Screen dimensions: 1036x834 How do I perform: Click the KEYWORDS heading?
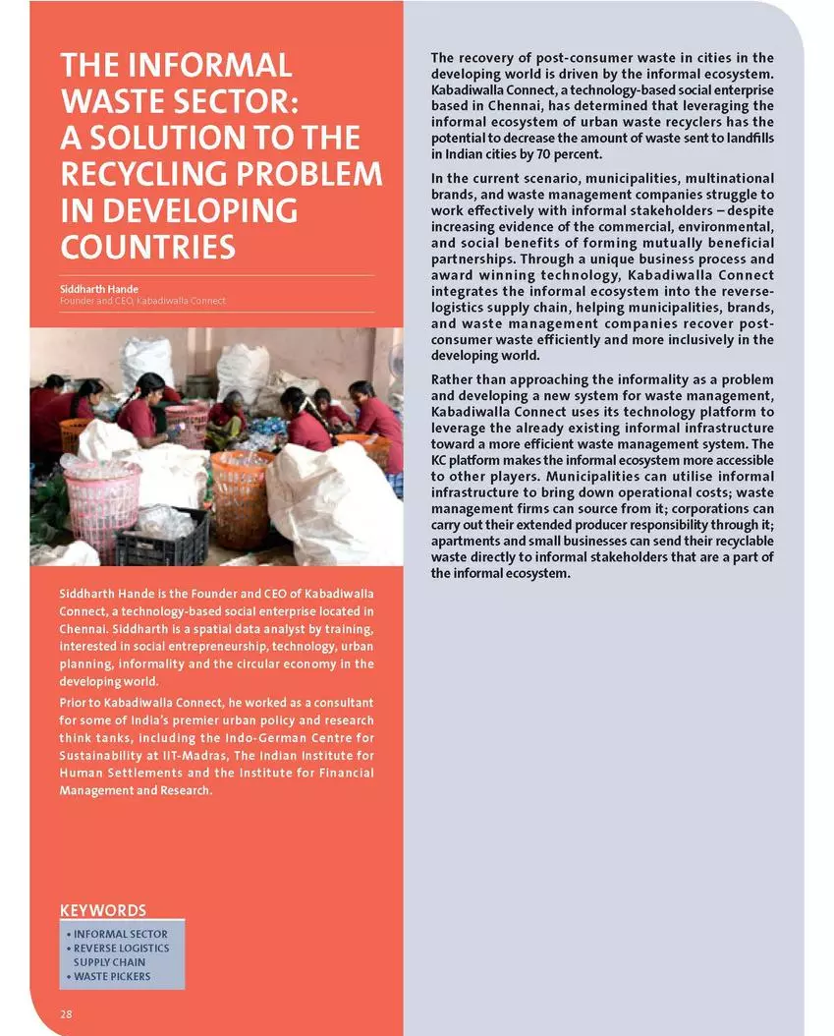click(x=103, y=910)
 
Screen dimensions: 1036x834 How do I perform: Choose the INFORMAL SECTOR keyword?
click(x=121, y=934)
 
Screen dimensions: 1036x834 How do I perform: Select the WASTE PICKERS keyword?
click(x=112, y=976)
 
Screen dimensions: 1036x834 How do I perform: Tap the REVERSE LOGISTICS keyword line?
click(x=121, y=948)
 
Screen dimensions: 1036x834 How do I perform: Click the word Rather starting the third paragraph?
click(x=453, y=379)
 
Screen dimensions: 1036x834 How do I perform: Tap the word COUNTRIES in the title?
click(x=147, y=247)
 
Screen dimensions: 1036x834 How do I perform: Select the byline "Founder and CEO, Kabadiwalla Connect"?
click(x=142, y=300)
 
